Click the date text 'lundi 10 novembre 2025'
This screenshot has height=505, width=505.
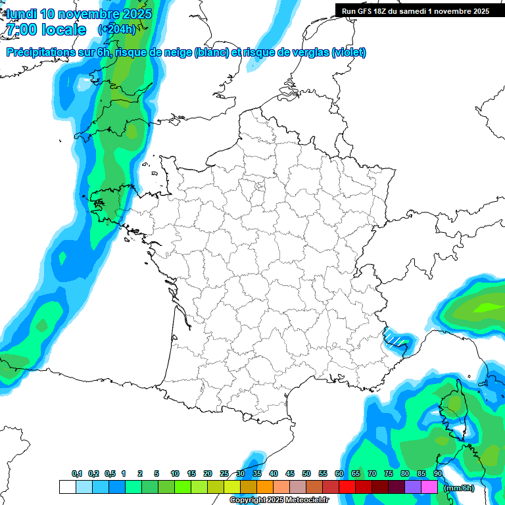[79, 14]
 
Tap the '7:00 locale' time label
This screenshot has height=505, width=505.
[46, 30]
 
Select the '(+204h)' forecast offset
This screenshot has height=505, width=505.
[116, 30]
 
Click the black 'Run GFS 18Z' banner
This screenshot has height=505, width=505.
[415, 11]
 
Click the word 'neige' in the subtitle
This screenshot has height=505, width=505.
[177, 53]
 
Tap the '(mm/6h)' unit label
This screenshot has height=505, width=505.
[458, 487]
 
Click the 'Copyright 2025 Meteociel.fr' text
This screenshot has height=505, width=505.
[279, 500]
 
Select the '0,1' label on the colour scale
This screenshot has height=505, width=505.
[77, 473]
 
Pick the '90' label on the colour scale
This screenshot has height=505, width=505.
[437, 473]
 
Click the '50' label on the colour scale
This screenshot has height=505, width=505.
[306, 473]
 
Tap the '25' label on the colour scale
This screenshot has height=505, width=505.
[224, 473]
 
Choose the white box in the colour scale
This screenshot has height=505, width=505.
[67, 487]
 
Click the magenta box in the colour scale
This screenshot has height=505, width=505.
[429, 487]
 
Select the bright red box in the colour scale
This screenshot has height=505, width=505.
[347, 487]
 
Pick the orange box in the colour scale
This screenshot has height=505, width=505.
[265, 487]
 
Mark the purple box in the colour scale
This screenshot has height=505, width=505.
[413, 487]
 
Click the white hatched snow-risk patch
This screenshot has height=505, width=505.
[395, 337]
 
